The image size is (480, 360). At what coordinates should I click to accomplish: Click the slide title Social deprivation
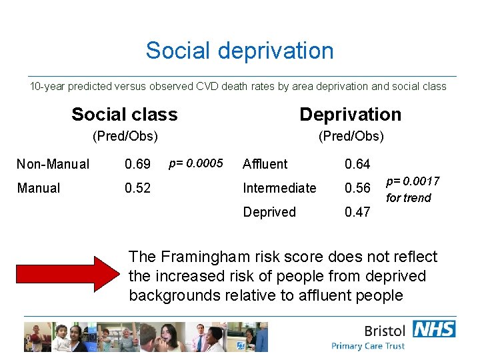pyautogui.click(x=240, y=51)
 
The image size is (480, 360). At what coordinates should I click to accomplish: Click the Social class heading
pyautogui.click(x=125, y=115)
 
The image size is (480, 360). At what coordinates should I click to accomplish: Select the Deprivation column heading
pyautogui.click(x=350, y=115)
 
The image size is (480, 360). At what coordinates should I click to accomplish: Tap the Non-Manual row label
pyautogui.click(x=53, y=164)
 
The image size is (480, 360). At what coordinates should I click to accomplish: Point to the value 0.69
pyautogui.click(x=138, y=164)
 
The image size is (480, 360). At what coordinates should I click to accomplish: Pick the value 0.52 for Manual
pyautogui.click(x=138, y=188)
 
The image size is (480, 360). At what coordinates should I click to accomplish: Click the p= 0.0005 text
pyautogui.click(x=195, y=163)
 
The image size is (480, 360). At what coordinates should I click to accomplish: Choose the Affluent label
pyautogui.click(x=265, y=164)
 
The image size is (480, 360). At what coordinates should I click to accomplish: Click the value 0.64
pyautogui.click(x=357, y=164)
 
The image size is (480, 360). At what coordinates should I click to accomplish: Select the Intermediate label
pyautogui.click(x=279, y=188)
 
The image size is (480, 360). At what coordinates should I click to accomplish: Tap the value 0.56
pyautogui.click(x=357, y=188)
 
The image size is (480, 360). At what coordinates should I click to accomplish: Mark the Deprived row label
pyautogui.click(x=269, y=212)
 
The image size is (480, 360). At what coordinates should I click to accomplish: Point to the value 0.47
pyautogui.click(x=357, y=212)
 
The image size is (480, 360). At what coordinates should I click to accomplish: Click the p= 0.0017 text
pyautogui.click(x=413, y=181)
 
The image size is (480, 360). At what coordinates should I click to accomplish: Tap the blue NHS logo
pyautogui.click(x=434, y=329)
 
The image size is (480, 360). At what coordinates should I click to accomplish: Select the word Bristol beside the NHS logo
pyautogui.click(x=385, y=331)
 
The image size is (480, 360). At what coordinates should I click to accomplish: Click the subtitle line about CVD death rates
pyautogui.click(x=238, y=87)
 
